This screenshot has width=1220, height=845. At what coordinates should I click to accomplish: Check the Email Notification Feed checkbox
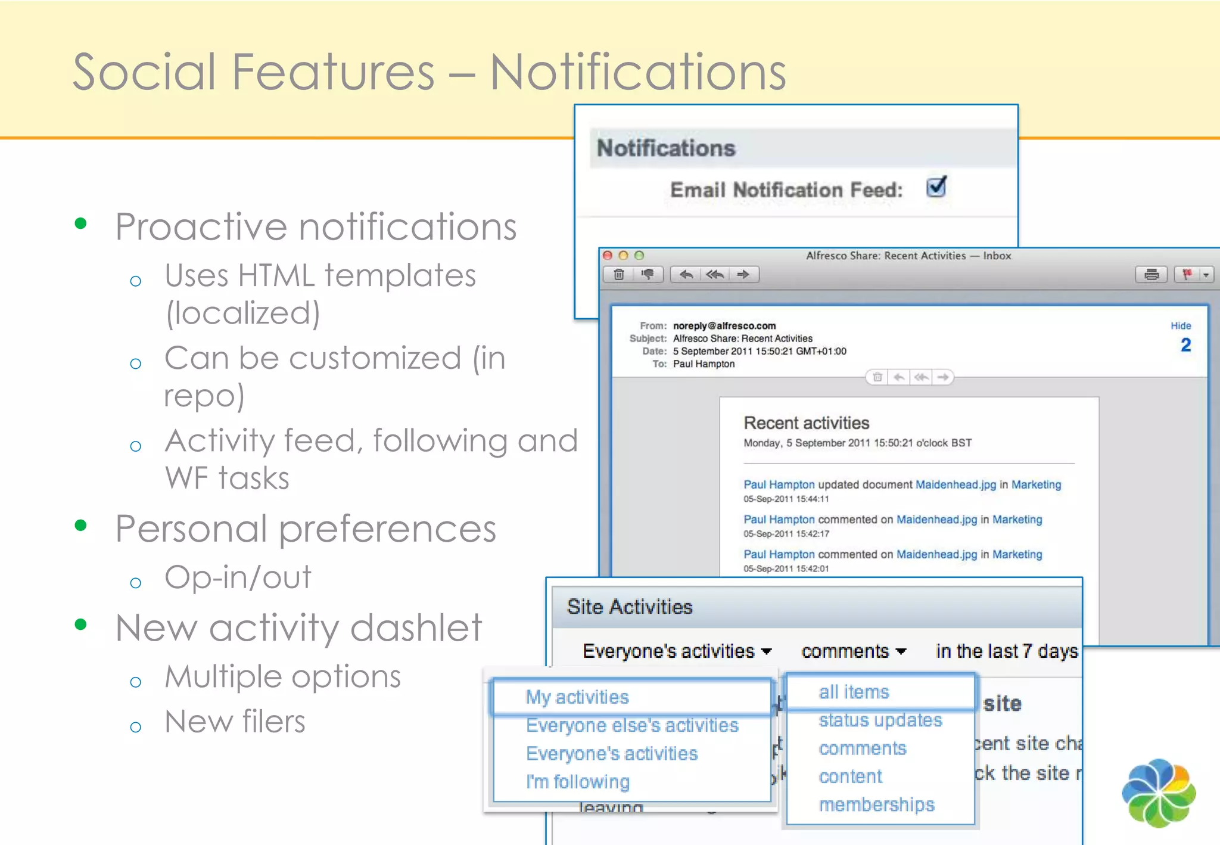pos(936,188)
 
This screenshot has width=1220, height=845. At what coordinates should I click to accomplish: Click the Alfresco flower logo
pos(1158,792)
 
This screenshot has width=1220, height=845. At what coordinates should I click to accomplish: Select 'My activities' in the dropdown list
pos(577,697)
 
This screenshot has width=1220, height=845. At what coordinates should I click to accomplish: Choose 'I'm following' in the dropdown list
pos(577,781)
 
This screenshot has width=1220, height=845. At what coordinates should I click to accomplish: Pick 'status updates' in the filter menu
pos(880,720)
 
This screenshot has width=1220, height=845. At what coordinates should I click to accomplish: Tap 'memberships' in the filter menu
pos(876,804)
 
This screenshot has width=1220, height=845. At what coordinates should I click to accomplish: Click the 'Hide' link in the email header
pos(1180,326)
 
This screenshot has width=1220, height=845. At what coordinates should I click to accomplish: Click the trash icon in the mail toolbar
pos(619,275)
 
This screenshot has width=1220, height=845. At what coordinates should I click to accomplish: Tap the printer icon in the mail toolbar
pos(1151,275)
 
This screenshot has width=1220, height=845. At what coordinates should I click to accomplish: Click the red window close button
pos(608,256)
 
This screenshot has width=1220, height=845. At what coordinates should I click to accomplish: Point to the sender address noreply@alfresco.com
pos(724,326)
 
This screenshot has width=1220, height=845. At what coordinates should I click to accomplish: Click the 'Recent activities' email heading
pos(806,423)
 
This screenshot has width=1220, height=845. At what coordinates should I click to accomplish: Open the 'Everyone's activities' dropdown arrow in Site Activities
pos(767,651)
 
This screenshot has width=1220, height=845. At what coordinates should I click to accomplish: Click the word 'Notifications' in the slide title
pos(637,72)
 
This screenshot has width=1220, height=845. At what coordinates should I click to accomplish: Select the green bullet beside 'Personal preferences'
pos(80,526)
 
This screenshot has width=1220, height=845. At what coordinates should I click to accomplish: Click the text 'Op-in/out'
pos(238,577)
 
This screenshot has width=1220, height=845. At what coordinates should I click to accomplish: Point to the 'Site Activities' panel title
pos(630,607)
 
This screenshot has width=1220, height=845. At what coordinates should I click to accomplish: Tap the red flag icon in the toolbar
pos(1187,274)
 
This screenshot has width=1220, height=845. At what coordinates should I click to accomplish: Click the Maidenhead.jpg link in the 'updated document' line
pos(956,484)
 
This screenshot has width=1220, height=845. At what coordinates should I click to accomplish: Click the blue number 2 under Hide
pos(1185,345)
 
